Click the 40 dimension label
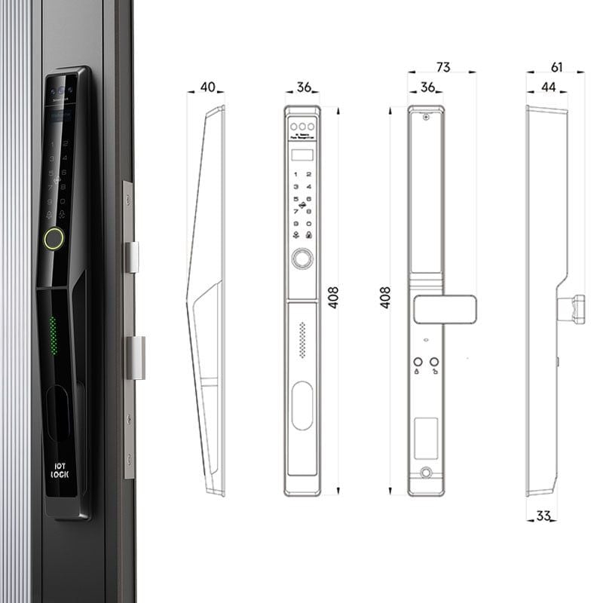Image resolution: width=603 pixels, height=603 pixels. (x=206, y=87)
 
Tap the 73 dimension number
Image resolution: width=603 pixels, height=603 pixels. (x=442, y=68)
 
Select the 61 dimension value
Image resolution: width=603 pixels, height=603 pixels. (x=556, y=68)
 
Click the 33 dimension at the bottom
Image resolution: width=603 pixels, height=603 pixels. (x=543, y=516)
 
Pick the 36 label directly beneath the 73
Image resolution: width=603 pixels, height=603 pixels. (x=427, y=87)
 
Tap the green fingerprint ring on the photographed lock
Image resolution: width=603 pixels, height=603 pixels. (x=54, y=239)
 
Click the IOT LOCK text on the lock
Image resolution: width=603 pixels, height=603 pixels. (x=60, y=470)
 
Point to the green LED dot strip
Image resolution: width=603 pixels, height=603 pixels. (x=53, y=335)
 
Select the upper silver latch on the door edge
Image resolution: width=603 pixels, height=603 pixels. (x=131, y=257)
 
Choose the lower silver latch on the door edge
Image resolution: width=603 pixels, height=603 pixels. (x=134, y=358)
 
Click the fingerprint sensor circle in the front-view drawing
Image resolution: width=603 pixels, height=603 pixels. (x=302, y=259)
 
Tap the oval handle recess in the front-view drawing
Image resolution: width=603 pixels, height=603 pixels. (x=302, y=406)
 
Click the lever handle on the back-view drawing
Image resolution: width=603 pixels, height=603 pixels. (x=445, y=308)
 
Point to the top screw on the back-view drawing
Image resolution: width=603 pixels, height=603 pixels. (x=426, y=117)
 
